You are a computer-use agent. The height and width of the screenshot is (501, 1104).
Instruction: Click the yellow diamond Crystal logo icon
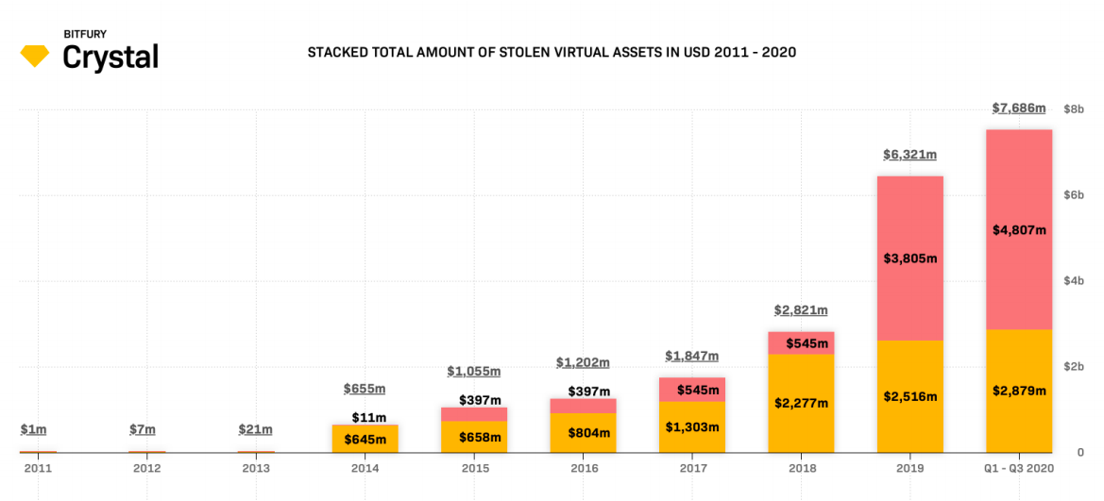[35, 56]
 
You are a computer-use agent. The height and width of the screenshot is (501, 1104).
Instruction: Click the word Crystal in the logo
[110, 58]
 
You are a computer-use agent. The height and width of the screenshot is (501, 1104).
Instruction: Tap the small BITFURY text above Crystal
[85, 34]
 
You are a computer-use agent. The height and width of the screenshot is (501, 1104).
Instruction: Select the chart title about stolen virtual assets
[552, 52]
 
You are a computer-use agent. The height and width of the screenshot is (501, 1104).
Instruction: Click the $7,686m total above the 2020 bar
[1019, 109]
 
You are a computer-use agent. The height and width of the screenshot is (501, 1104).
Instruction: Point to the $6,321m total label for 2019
[909, 155]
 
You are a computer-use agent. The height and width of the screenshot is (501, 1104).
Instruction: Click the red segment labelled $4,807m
[1019, 229]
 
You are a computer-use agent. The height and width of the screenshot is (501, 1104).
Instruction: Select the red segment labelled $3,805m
[909, 258]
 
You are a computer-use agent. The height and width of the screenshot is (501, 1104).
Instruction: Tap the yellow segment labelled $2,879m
[1019, 391]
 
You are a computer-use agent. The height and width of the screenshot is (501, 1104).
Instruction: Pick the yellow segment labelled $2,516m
[909, 396]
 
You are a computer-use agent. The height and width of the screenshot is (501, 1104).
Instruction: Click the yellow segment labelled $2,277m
[801, 403]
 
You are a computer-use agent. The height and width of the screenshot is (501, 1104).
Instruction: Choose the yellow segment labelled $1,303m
[692, 426]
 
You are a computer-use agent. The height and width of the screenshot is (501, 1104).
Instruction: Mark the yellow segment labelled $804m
[583, 433]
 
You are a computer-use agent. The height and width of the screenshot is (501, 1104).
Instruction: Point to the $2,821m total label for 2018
[801, 310]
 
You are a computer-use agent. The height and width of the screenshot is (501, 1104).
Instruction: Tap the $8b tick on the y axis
[1074, 109]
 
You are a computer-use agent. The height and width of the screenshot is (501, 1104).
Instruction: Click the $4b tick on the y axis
[1074, 281]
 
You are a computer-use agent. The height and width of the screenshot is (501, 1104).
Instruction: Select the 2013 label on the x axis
[256, 468]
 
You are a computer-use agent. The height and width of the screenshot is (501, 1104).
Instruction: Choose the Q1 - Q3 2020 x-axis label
[1019, 468]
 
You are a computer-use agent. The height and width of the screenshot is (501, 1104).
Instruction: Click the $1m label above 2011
[33, 429]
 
